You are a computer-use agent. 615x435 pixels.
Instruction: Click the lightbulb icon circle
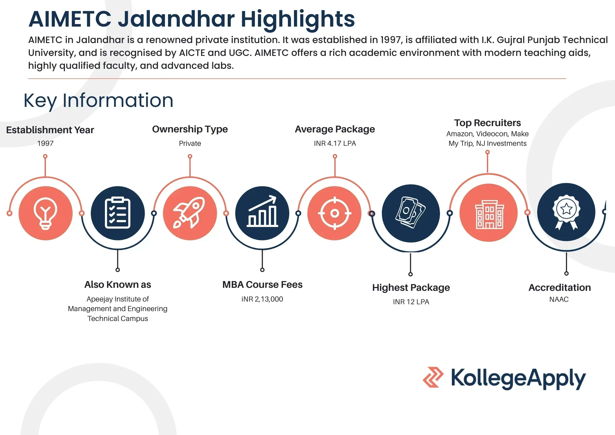[45, 213]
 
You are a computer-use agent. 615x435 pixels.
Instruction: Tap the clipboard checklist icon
[118, 213]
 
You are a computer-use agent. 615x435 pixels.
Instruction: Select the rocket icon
[190, 213]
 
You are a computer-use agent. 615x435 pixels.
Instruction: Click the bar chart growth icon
[262, 213]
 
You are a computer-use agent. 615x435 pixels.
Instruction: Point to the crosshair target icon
[334, 213]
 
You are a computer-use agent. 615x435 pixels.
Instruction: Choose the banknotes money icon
[410, 213]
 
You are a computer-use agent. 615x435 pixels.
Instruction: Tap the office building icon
[489, 213]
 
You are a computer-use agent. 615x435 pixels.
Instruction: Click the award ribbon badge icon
[566, 212]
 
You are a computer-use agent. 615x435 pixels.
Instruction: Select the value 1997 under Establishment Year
[45, 143]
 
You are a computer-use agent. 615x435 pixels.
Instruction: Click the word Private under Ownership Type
[190, 143]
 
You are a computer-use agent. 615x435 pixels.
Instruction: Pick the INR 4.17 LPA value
[335, 143]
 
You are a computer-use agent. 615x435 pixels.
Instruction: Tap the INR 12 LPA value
[411, 302]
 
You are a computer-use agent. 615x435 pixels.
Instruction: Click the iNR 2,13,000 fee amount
[262, 299]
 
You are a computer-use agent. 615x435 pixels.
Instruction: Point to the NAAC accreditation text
[559, 299]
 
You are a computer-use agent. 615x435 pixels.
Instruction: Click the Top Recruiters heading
[487, 123]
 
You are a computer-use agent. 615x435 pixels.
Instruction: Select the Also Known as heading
[118, 285]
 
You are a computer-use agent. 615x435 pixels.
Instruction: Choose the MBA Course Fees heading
[262, 285]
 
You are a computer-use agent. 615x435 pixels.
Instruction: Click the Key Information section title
[98, 100]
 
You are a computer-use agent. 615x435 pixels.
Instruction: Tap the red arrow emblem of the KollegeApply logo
[433, 377]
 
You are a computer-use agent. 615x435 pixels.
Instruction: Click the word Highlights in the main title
[298, 19]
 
